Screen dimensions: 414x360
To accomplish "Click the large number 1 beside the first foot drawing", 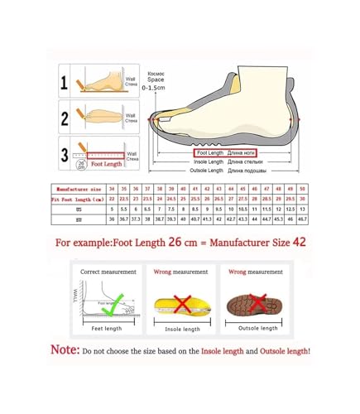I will pos(65,82).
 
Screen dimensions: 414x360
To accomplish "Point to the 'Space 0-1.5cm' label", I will pos(156,79).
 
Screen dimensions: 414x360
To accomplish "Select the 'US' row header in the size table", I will pos(74,209).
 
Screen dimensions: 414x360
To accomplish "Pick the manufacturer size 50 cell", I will pos(303,189).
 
